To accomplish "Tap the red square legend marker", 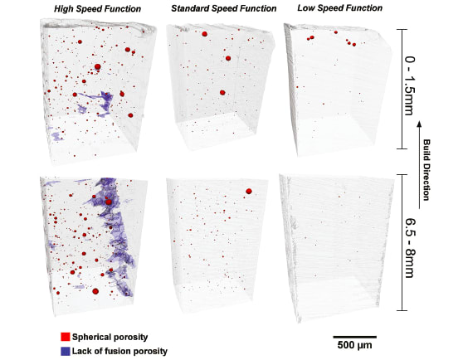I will pos(65,338).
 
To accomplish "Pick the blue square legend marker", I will pos(65,351).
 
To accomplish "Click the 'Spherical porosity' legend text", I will pos(110,338).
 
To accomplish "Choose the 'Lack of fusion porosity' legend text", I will pos(121,351).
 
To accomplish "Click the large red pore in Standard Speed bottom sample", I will pos(248,192).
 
